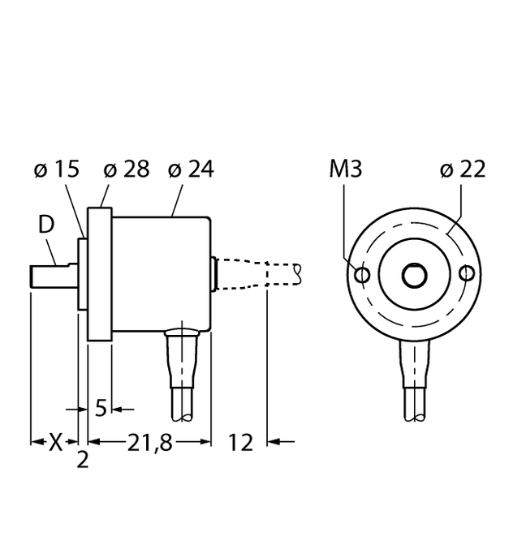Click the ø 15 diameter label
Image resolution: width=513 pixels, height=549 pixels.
coord(57,169)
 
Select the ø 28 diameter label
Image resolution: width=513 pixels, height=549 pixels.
coord(127,169)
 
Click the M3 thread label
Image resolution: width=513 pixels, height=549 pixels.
coord(346,169)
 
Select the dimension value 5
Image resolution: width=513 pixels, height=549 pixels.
coord(101,409)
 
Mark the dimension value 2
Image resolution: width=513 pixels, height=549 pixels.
coord(82,460)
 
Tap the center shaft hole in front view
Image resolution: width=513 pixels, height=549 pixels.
coord(414,276)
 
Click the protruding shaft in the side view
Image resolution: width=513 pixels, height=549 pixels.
coord(54,277)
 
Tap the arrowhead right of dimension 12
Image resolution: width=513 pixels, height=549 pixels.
coord(274,442)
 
